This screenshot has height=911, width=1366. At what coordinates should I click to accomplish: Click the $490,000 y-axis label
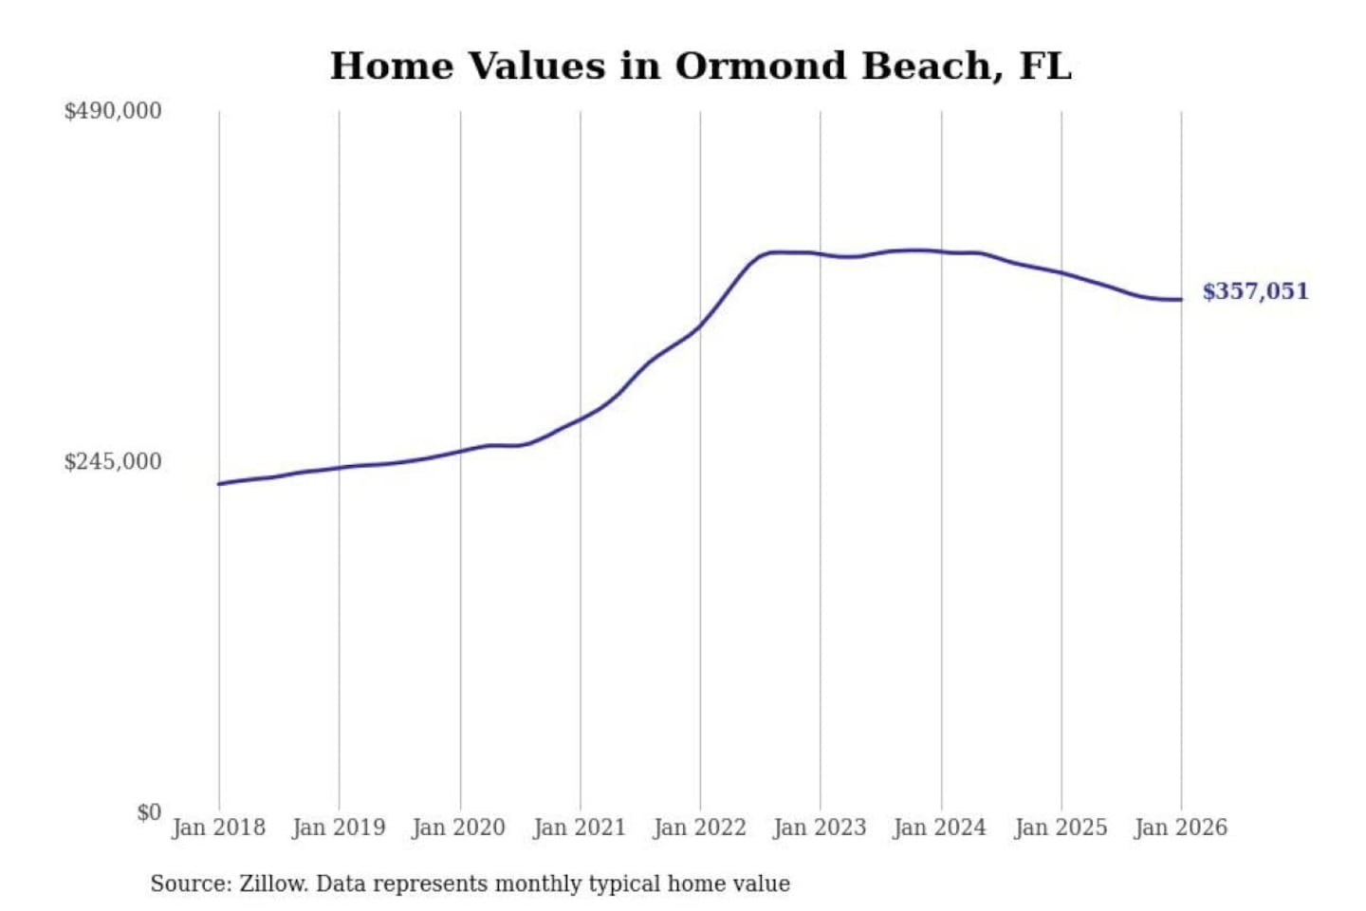pyautogui.click(x=113, y=111)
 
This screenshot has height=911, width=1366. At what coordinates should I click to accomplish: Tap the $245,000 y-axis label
pyautogui.click(x=113, y=462)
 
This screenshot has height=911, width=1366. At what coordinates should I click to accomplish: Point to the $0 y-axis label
pyautogui.click(x=149, y=812)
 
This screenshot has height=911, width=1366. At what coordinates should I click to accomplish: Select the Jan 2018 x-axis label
pyautogui.click(x=219, y=827)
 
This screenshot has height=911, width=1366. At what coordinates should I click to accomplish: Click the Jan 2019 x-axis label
pyautogui.click(x=339, y=827)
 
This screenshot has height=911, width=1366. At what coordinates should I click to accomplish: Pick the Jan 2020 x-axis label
pyautogui.click(x=459, y=827)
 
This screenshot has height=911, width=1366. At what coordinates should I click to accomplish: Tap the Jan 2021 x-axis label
pyautogui.click(x=580, y=827)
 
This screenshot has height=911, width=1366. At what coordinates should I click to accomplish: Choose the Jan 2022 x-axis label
pyautogui.click(x=700, y=827)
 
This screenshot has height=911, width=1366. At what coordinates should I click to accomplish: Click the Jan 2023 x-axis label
pyautogui.click(x=820, y=827)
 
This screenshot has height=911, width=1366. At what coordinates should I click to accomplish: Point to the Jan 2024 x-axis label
pyautogui.click(x=940, y=827)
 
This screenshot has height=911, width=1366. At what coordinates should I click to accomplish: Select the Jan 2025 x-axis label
pyautogui.click(x=1061, y=827)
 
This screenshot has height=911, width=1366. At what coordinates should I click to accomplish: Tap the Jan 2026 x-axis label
pyautogui.click(x=1181, y=827)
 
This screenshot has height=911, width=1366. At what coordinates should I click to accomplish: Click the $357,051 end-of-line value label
pyautogui.click(x=1255, y=291)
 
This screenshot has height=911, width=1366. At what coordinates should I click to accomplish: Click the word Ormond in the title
pyautogui.click(x=761, y=66)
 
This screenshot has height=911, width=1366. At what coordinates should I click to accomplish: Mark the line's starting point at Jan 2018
pyautogui.click(x=219, y=484)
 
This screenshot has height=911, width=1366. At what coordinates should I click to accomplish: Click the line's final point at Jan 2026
pyautogui.click(x=1181, y=300)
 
